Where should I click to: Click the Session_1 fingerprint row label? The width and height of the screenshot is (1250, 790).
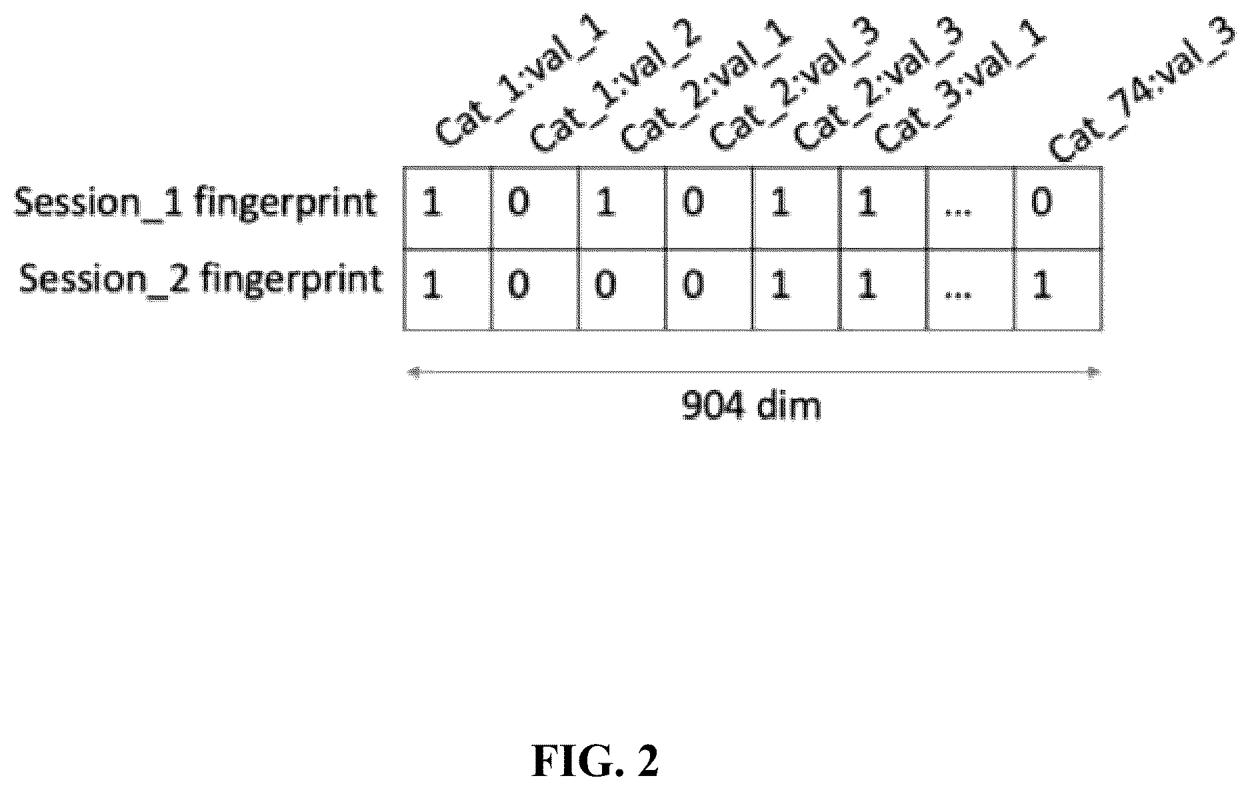(x=195, y=202)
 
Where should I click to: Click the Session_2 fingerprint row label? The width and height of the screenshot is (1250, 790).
(x=201, y=279)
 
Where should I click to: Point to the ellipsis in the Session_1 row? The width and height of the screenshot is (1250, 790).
(x=958, y=213)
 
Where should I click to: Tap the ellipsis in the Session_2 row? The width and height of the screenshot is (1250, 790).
(x=958, y=293)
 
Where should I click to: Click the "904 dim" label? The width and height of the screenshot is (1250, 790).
(x=751, y=405)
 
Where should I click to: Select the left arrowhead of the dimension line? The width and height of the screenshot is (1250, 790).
(x=413, y=373)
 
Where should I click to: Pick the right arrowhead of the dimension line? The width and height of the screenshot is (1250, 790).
(x=1093, y=373)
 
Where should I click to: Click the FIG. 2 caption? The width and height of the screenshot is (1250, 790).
(x=595, y=761)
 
